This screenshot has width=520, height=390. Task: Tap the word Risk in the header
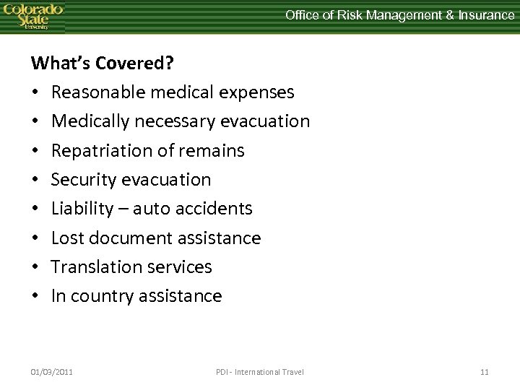pos(344,14)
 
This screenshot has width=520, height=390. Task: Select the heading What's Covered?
pos(102,63)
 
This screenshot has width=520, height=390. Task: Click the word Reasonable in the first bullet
pos(95,92)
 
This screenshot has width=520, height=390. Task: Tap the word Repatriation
pos(100,151)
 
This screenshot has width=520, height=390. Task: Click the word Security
pos(82,180)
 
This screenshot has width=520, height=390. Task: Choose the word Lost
pos(67,238)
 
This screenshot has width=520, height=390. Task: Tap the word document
pos(127,238)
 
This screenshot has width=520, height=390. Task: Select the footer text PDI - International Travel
pos(260,372)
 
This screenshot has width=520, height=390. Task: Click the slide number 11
pos(484,372)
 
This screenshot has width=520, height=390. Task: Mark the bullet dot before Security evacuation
pos(35,180)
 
